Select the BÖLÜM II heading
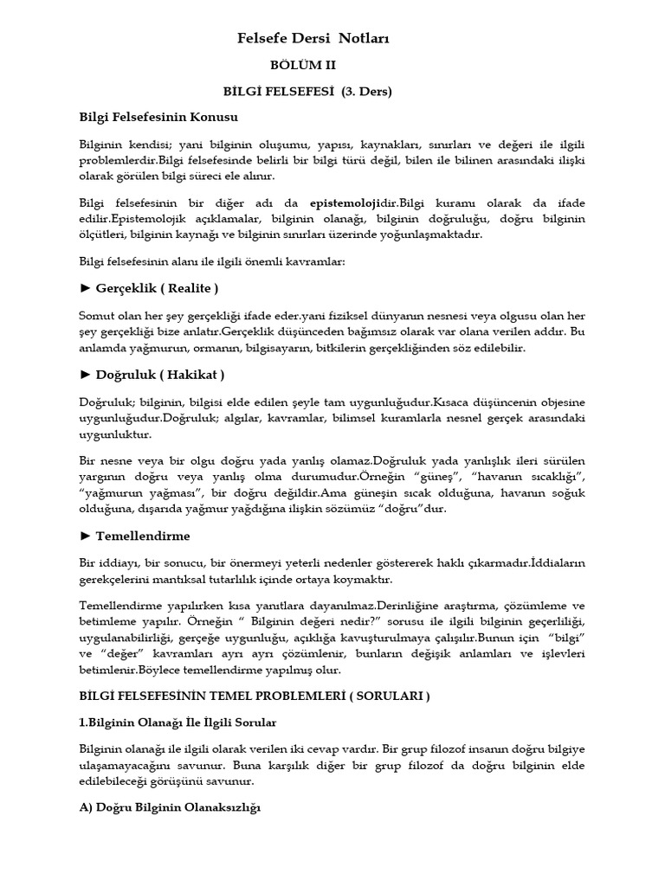[x=305, y=65]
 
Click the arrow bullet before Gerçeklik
[x=85, y=288]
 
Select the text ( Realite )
[x=185, y=288]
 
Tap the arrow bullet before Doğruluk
[x=85, y=375]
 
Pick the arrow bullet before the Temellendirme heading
[x=85, y=536]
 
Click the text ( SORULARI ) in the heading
[x=385, y=696]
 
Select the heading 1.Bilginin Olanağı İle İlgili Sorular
[x=178, y=722]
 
